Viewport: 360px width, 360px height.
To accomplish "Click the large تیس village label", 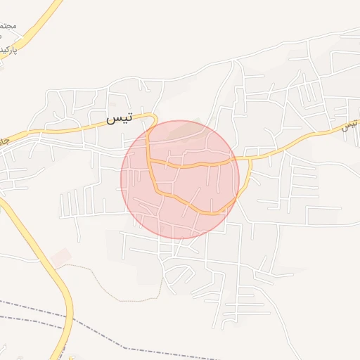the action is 119,119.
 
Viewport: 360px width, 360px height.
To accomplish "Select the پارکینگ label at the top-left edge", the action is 6,50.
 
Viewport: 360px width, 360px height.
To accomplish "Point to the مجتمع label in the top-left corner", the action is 8,29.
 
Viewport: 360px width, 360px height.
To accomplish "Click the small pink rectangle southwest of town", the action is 62,257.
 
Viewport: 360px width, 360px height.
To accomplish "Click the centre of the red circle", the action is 180,179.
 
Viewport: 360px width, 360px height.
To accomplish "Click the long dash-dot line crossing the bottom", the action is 211,352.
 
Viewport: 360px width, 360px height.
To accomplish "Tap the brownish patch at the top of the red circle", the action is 184,128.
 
